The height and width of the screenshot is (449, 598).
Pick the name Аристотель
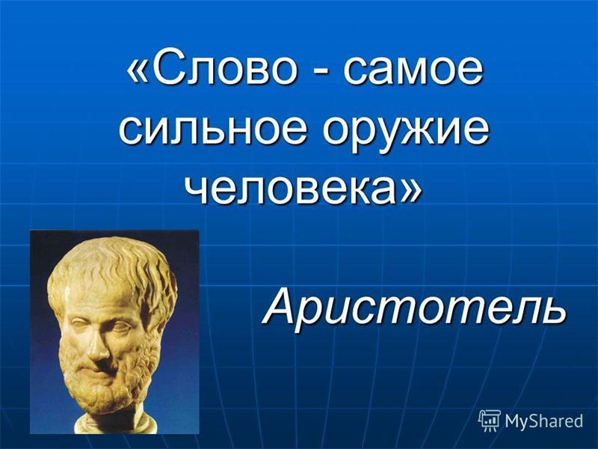[x=415, y=305]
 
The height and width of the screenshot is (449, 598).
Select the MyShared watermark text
[x=544, y=421]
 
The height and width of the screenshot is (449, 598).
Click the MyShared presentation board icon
[x=490, y=421]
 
